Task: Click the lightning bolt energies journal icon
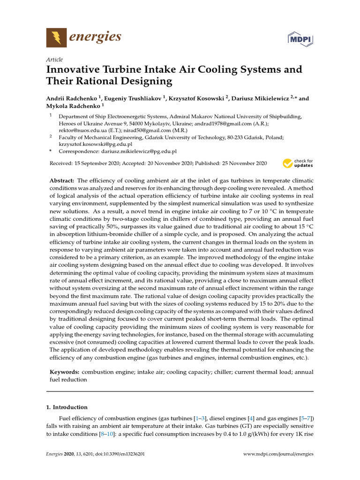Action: (56, 37)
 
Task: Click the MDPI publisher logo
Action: (300, 38)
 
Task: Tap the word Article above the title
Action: (54, 60)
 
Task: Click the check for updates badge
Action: (298, 164)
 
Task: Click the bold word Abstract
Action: (62, 180)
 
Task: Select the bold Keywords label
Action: (65, 372)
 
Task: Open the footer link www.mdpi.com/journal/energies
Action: (279, 454)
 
